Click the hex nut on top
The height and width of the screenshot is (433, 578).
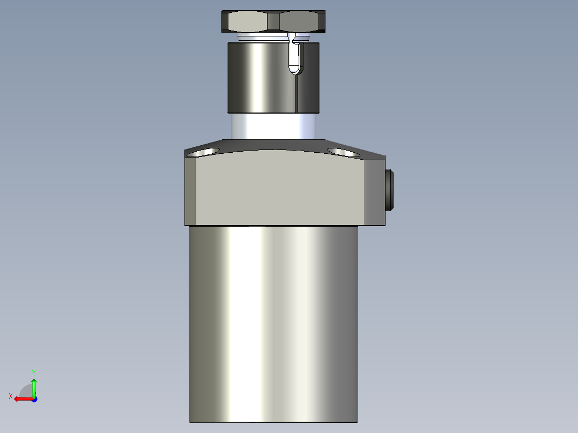coord(274,21)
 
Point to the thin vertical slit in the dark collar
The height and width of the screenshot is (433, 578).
coord(297,94)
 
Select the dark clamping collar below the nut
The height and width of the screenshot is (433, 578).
coord(257,78)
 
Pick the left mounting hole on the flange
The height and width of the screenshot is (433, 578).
coord(205,152)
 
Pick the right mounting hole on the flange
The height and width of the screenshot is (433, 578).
coord(343,152)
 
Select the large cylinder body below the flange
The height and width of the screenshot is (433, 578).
coord(273,322)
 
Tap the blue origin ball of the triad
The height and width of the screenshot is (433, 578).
coord(34,399)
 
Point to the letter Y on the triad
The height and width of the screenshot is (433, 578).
coord(33,372)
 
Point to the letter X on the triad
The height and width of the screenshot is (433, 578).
coord(10,396)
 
